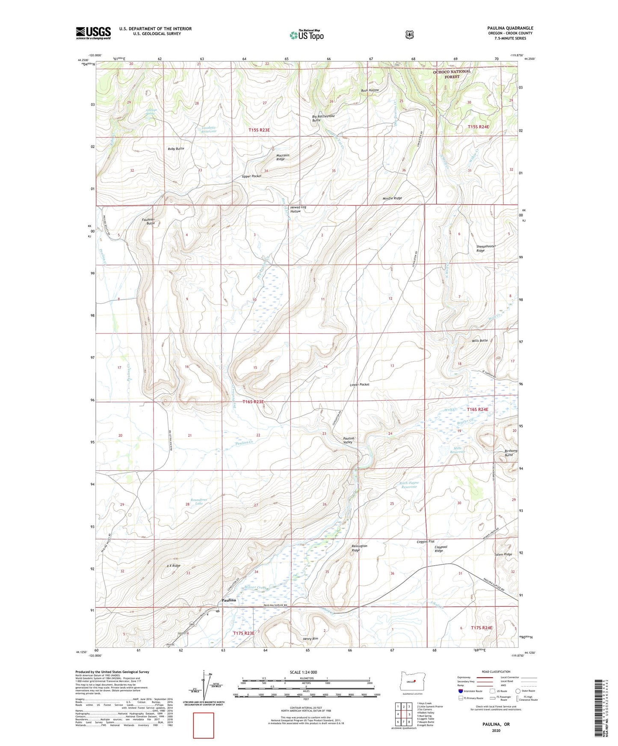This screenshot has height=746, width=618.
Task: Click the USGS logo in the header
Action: coord(93,33)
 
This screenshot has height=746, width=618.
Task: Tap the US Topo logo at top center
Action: coord(306,35)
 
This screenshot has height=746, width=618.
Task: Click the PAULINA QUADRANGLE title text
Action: coord(510,28)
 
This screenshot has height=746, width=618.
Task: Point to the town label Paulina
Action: coord(229,600)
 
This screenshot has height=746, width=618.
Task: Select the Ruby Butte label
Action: coord(176,149)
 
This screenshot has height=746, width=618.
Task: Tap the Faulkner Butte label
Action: coord(148,221)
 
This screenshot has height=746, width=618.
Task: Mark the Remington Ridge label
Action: coord(359,548)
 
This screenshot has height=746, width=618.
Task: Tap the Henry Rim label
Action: coord(310,638)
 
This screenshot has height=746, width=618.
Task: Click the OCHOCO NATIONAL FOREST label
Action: coord(452,74)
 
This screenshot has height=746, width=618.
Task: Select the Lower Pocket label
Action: coord(359,385)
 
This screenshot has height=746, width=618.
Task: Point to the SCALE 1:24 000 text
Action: coord(303,672)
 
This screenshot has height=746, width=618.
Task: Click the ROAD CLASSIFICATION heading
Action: coord(496,672)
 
